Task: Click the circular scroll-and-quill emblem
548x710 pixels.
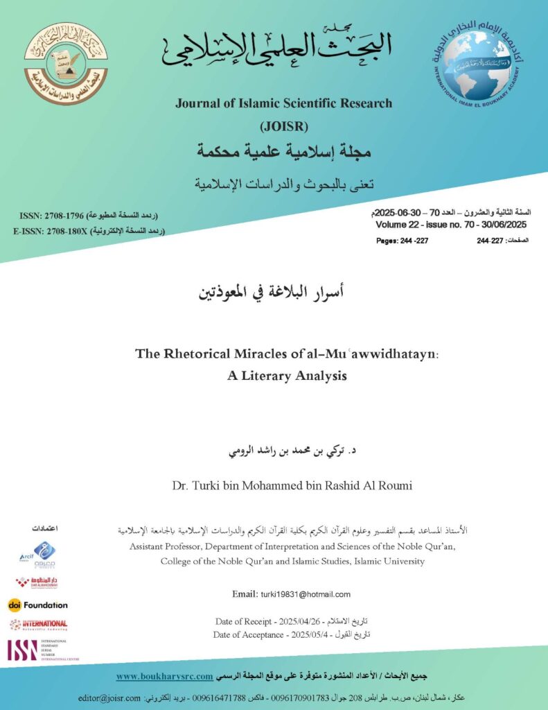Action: coord(66,63)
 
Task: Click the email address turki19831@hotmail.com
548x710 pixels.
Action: coord(306,594)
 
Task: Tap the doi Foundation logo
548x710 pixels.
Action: coord(38,605)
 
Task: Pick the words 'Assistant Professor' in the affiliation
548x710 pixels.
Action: coord(167,547)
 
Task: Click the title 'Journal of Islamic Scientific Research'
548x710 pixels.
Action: coord(283,103)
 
